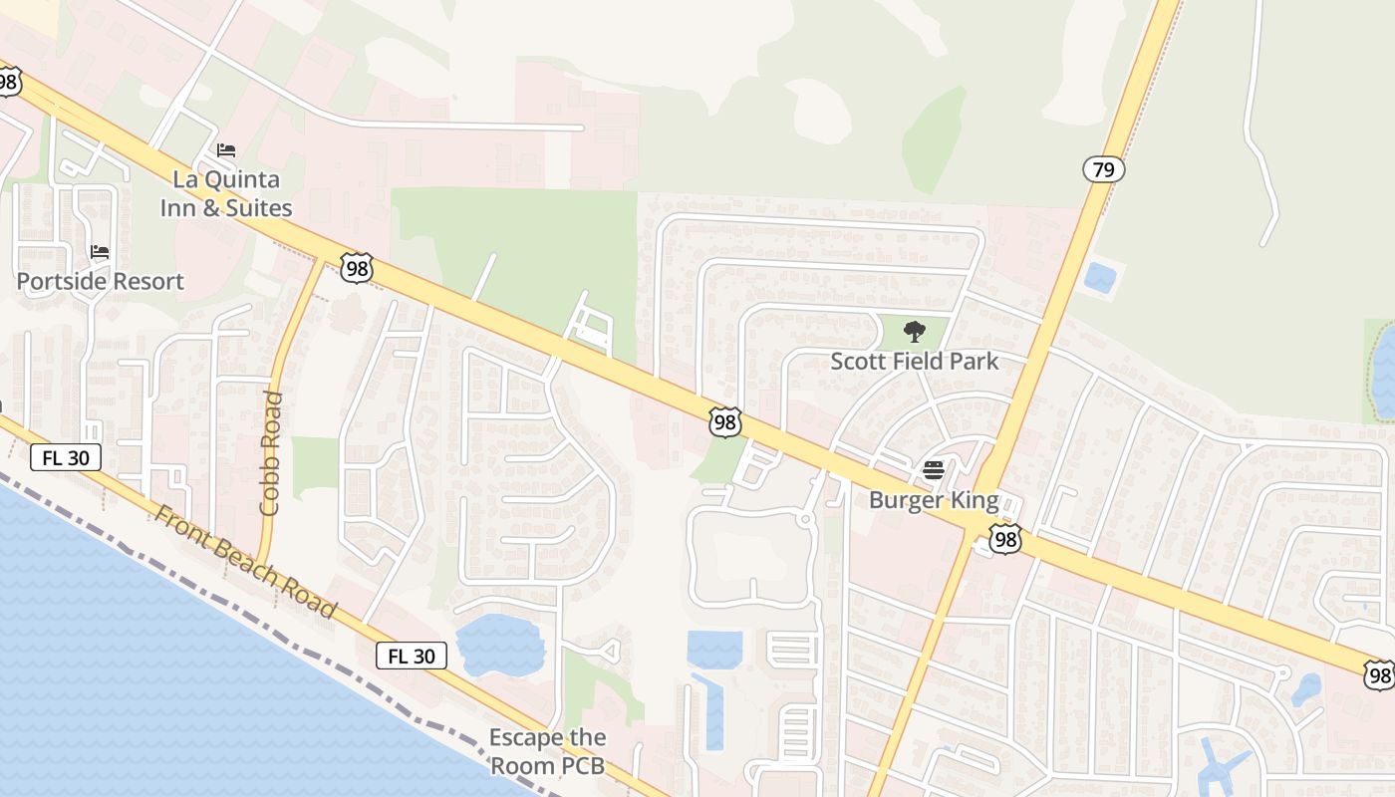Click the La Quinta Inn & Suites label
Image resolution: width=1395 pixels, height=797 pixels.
click(226, 193)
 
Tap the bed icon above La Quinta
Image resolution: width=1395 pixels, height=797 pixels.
click(226, 150)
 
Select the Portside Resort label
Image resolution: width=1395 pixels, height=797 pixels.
click(100, 281)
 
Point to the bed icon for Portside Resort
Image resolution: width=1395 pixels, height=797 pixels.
click(100, 251)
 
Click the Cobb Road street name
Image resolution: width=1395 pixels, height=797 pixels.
click(270, 453)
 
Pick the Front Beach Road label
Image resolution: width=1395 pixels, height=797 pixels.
click(245, 561)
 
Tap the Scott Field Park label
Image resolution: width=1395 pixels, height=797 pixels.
click(914, 361)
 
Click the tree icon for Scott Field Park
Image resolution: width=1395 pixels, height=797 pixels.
click(914, 332)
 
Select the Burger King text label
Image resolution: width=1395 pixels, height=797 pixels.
click(933, 499)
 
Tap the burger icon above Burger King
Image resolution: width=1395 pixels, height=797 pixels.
click(933, 470)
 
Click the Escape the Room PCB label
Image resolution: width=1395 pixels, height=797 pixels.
click(547, 751)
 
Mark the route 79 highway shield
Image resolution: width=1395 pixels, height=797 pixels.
click(1103, 169)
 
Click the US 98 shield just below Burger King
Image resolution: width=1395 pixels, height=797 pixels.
click(1004, 540)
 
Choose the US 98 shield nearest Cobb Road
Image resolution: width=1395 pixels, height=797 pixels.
click(356, 267)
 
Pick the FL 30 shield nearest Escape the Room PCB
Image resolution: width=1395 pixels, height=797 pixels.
click(411, 656)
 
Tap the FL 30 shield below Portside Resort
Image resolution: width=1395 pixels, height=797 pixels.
click(66, 457)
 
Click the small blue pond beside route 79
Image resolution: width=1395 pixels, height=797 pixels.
click(1100, 277)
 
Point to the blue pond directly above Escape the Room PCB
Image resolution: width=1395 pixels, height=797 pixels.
click(501, 643)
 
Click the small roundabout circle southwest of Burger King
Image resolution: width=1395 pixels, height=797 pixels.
click(804, 520)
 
